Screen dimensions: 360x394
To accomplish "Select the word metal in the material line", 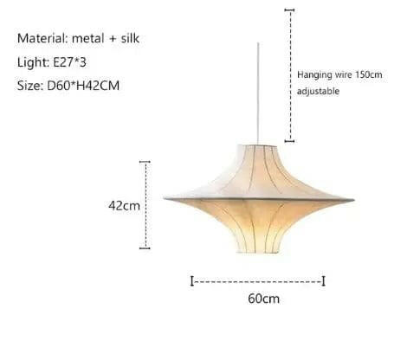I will (x=89, y=39).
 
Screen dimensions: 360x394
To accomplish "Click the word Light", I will (x=31, y=63).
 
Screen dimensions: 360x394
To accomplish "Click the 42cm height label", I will (x=124, y=206).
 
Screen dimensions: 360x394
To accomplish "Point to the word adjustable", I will (x=318, y=91).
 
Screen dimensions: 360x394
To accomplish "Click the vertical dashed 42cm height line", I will (x=145, y=205).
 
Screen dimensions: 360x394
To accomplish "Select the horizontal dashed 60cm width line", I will (x=257, y=281).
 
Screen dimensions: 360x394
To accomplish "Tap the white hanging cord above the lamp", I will (x=259, y=87).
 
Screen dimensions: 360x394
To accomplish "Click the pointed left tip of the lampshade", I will (x=165, y=198).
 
